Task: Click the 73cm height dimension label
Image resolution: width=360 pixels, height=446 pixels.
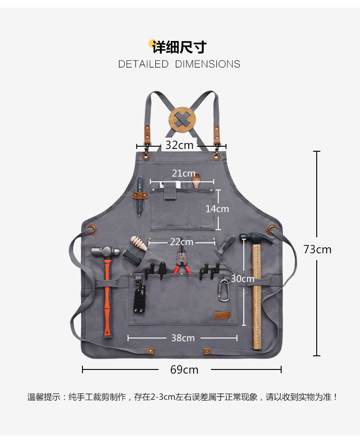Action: (318, 249)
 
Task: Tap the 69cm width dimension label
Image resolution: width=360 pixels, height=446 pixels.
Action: (185, 369)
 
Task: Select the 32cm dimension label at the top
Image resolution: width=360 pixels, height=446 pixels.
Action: (179, 145)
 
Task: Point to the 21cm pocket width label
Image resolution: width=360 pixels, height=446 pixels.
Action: (183, 174)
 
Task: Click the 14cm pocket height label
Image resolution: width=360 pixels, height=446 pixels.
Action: (217, 209)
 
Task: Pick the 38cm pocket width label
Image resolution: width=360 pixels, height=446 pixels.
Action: (183, 338)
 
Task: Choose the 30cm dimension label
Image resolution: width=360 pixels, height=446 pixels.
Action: (242, 279)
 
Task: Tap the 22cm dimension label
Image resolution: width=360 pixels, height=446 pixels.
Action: (181, 242)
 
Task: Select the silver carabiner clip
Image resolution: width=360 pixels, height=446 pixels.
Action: (223, 291)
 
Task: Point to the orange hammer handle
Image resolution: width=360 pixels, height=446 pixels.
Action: (107, 296)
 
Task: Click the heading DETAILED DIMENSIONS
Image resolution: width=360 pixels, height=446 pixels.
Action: (179, 64)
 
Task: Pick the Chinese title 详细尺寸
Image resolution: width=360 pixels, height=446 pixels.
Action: (179, 47)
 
